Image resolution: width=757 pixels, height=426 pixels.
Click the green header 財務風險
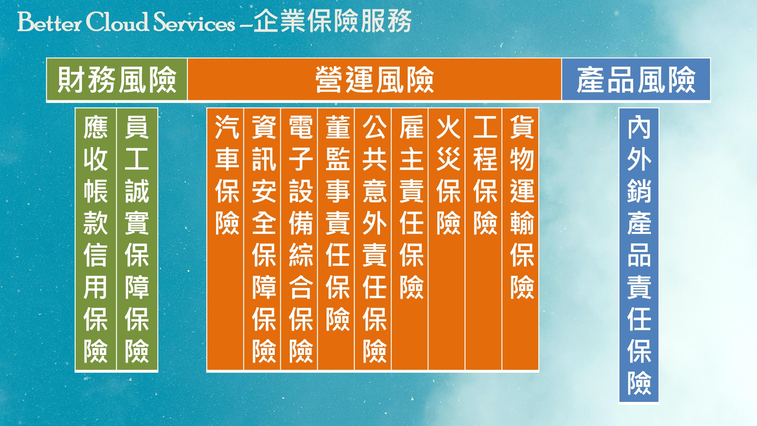click(117, 79)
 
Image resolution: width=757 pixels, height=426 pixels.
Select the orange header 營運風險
click(375, 79)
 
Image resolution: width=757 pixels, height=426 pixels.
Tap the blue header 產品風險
click(636, 79)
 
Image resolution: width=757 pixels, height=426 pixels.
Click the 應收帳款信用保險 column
click(96, 239)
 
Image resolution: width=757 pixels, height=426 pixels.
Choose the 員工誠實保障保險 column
click(137, 239)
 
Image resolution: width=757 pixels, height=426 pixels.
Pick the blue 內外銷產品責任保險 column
click(639, 255)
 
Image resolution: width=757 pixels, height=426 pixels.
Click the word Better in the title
click(49, 22)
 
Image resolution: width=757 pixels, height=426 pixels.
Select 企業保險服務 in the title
click(332, 21)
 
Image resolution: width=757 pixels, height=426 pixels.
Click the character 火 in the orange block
click(448, 127)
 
